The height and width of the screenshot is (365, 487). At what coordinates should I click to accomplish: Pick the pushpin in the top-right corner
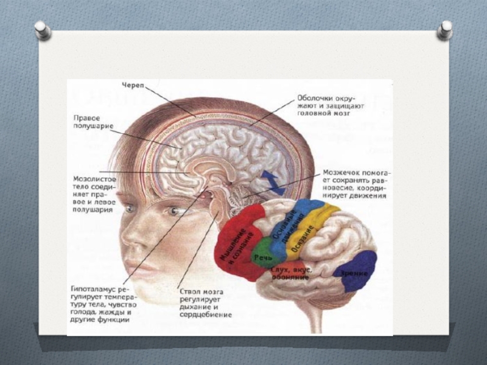pos(445,29)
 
